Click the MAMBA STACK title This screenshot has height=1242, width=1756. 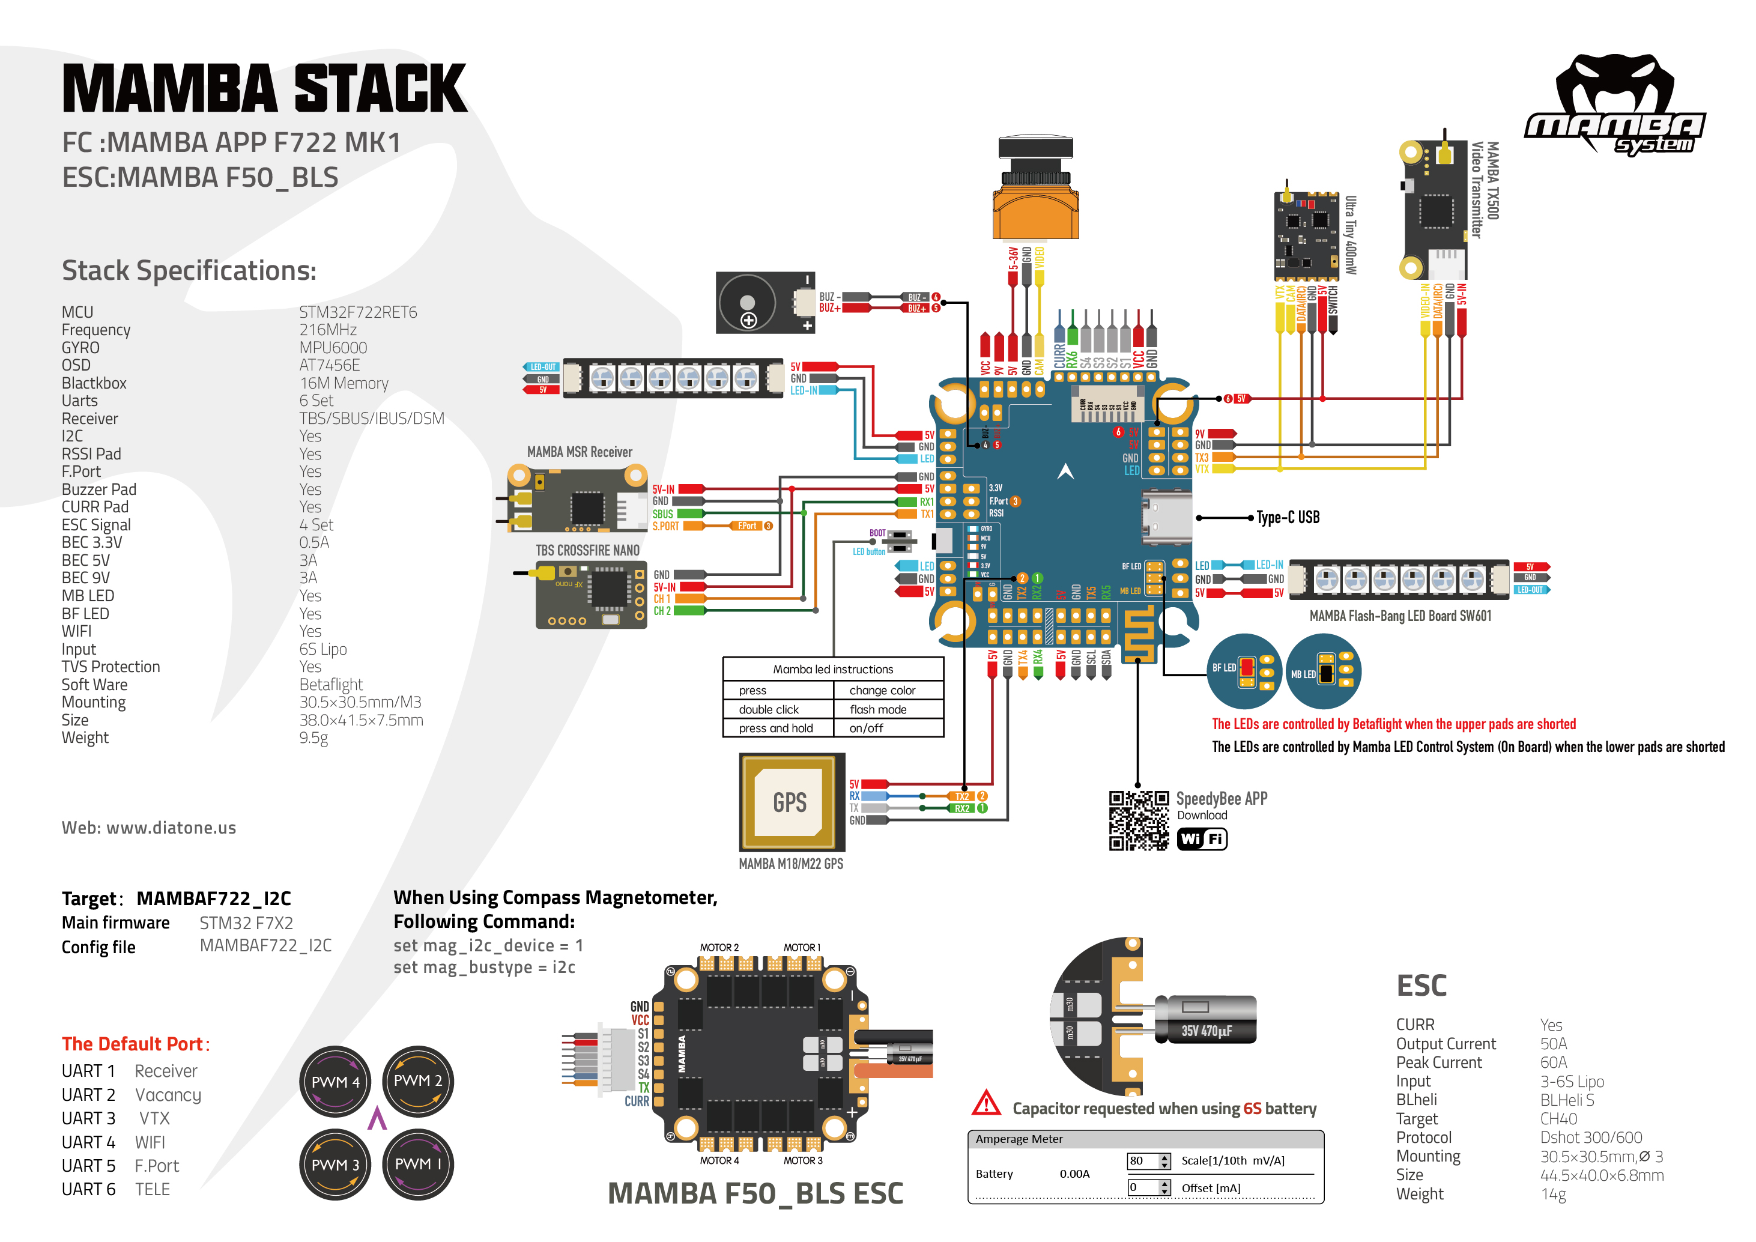click(x=264, y=89)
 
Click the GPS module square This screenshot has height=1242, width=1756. click(x=792, y=802)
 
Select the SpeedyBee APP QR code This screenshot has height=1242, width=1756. click(x=1139, y=820)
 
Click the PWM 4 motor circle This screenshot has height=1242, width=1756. click(x=335, y=1082)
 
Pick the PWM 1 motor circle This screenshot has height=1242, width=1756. click(x=417, y=1164)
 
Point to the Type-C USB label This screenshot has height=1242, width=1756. click(x=1288, y=518)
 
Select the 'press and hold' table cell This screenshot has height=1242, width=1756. click(x=775, y=728)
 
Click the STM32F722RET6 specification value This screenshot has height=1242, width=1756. click(x=358, y=312)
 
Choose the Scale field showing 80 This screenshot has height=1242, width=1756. click(x=1143, y=1161)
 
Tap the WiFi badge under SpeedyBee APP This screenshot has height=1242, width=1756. click(x=1202, y=839)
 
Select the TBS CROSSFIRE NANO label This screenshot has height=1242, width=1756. click(x=587, y=551)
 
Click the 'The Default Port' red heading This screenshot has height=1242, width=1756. click(x=135, y=1044)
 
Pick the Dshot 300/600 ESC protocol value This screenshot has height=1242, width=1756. click(x=1591, y=1137)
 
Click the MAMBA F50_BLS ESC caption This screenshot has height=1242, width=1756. click(x=755, y=1193)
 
